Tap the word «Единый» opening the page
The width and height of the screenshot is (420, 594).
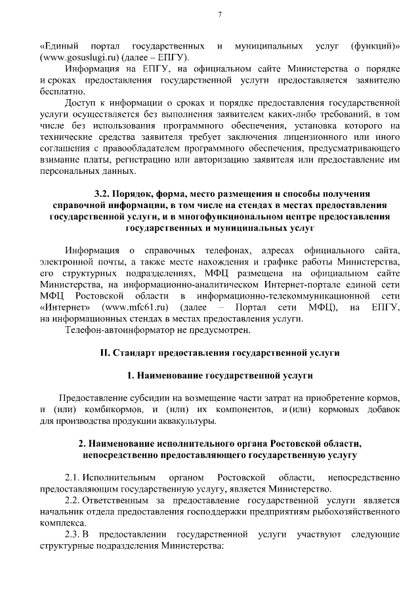click(60, 46)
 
